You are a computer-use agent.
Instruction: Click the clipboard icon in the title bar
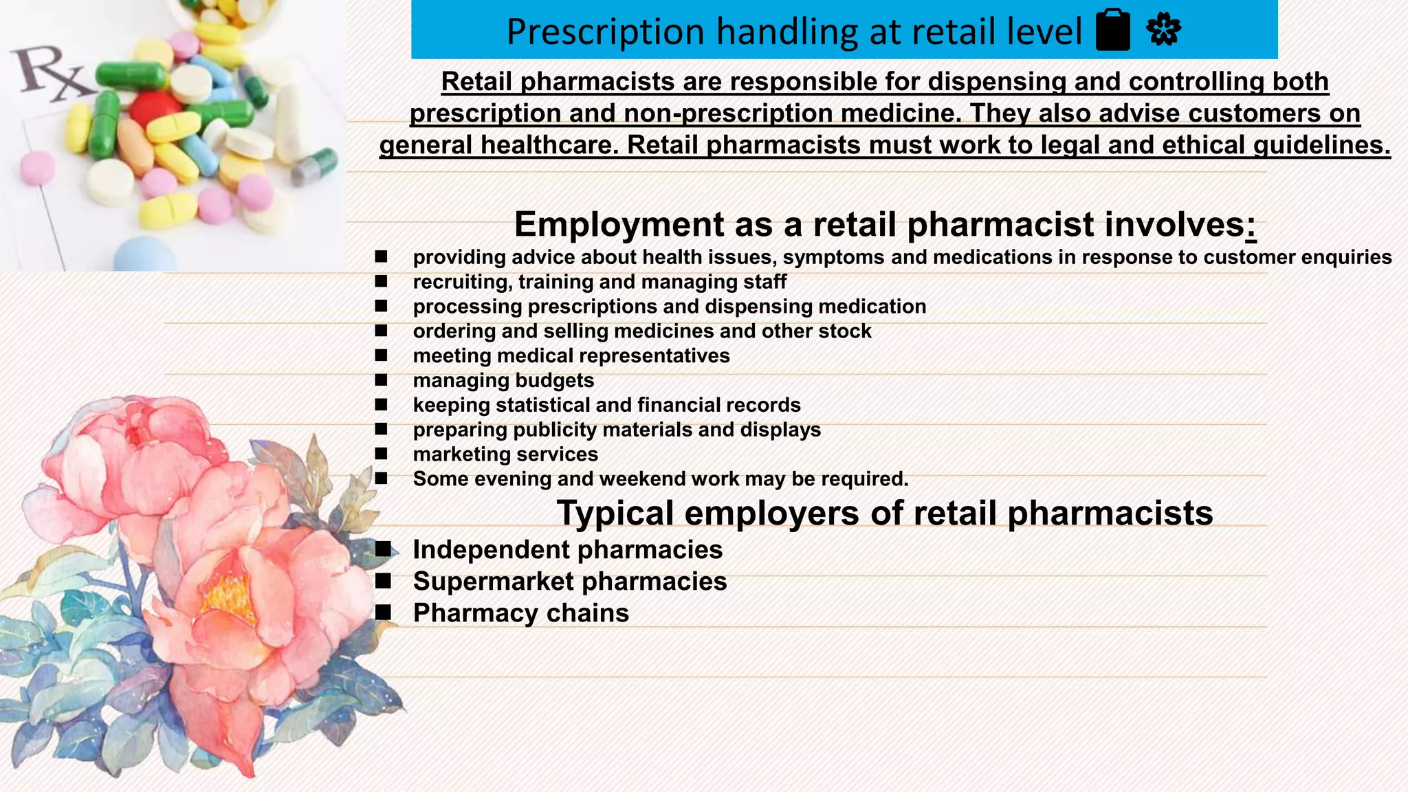click(1113, 31)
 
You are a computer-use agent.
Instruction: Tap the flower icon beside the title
click(1163, 31)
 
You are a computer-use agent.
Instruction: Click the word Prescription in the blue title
click(605, 32)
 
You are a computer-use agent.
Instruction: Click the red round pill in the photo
click(154, 110)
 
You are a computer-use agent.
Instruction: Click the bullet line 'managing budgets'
click(503, 380)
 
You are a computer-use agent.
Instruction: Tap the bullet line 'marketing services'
click(505, 454)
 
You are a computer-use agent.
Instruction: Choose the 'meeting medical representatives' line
click(571, 355)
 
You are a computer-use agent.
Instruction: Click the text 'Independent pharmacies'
click(567, 550)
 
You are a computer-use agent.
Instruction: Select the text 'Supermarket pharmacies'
click(569, 582)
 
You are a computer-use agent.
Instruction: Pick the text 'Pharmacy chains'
click(520, 613)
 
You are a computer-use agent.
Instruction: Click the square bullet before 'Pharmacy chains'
click(383, 612)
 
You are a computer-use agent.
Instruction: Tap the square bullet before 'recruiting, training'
click(382, 281)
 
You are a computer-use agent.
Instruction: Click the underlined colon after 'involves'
click(1251, 226)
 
